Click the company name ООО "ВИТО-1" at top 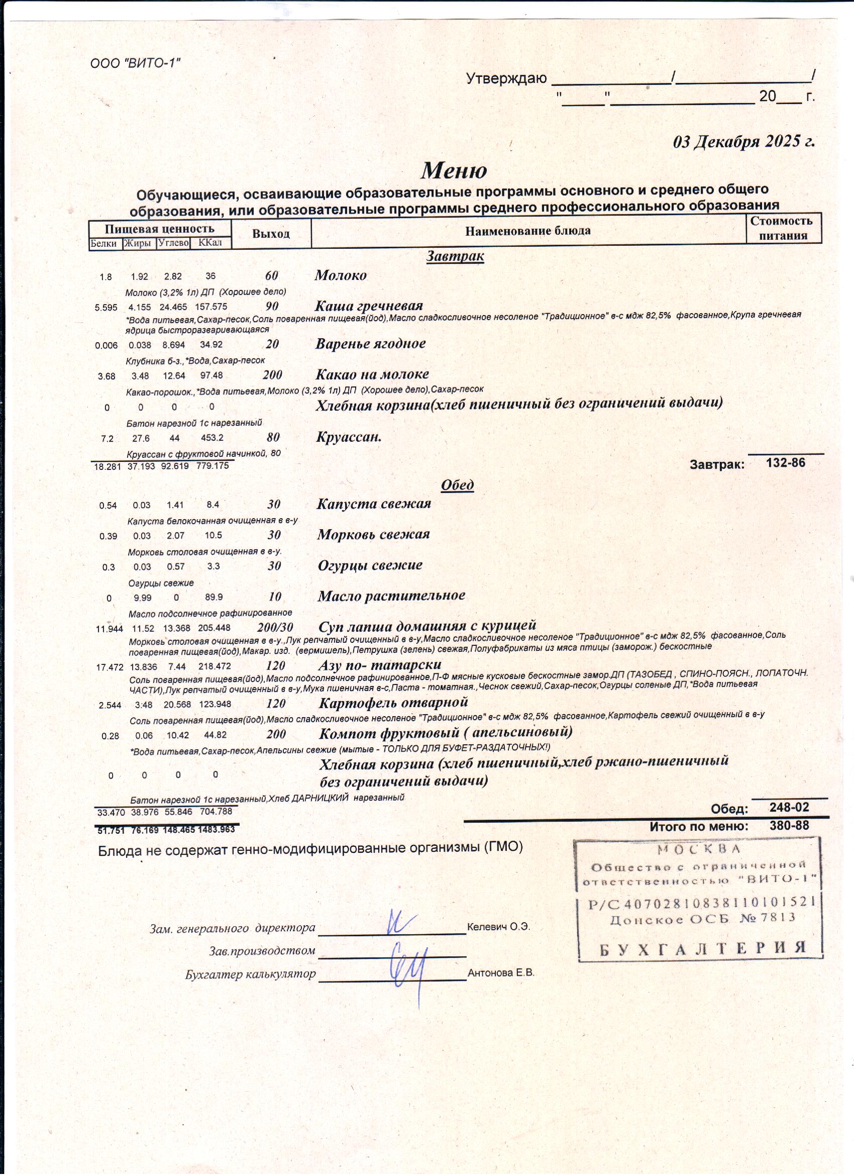tap(135, 63)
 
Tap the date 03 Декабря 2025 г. tap(743, 141)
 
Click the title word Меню tap(454, 170)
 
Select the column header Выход tap(271, 234)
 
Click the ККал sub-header tap(210, 243)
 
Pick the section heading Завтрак tap(455, 256)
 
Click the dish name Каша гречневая tap(369, 306)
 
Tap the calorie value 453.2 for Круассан tap(212, 438)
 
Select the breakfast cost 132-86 tap(786, 462)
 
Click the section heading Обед tap(457, 485)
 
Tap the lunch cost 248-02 tap(789, 807)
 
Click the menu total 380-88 tap(789, 826)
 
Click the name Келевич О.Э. tap(498, 927)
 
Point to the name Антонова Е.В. tap(501, 973)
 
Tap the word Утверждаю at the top tap(506, 79)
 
